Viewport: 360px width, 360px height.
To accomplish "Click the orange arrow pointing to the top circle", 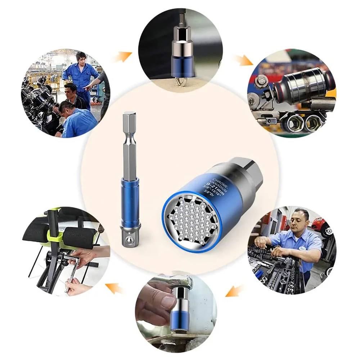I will pos(124,56).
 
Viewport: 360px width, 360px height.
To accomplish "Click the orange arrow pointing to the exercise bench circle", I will pos(114,288).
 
